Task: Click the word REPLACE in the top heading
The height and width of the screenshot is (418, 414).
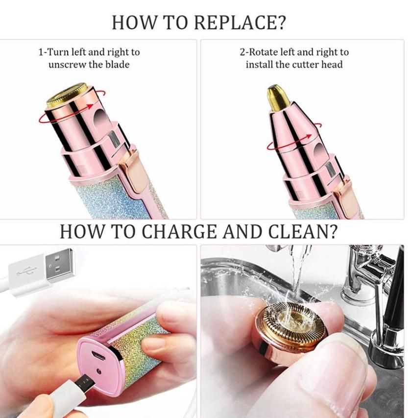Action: tap(234, 23)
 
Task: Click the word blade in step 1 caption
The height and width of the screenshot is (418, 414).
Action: tap(118, 65)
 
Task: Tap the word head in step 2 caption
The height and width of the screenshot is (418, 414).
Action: tap(332, 65)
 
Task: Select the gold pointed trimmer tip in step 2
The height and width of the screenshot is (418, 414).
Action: tap(278, 98)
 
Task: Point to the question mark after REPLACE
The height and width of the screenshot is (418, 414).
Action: tap(280, 23)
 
